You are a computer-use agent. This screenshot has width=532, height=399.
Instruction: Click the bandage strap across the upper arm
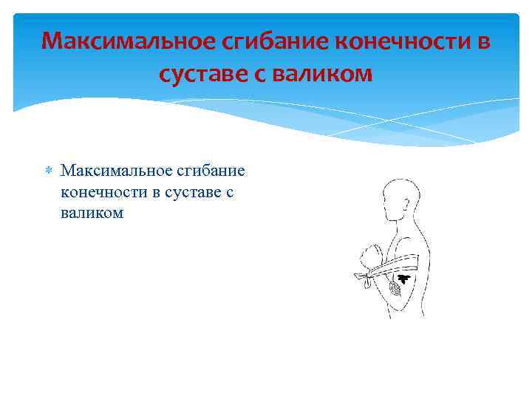click(x=395, y=265)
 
